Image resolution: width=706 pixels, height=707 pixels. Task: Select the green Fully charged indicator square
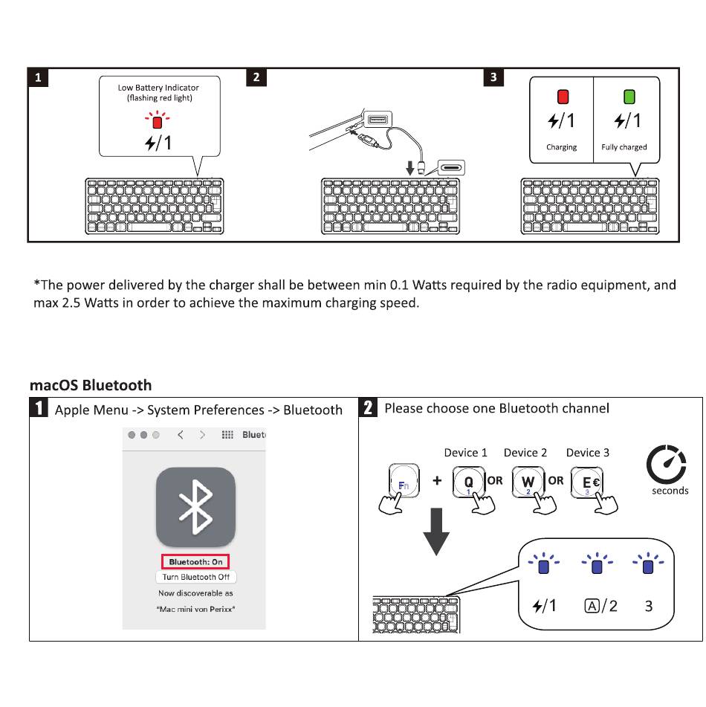629,97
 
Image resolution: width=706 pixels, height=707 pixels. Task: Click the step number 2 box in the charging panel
256,78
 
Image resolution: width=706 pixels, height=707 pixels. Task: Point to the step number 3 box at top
494,78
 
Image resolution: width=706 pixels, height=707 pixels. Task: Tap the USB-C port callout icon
451,167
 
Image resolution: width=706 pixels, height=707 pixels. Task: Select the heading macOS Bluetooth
91,385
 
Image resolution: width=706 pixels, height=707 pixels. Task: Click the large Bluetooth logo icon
195,507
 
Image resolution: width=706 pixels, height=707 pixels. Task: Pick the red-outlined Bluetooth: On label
195,562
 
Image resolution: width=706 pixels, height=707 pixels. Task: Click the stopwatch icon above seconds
667,466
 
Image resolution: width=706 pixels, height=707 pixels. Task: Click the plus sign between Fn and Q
437,480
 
